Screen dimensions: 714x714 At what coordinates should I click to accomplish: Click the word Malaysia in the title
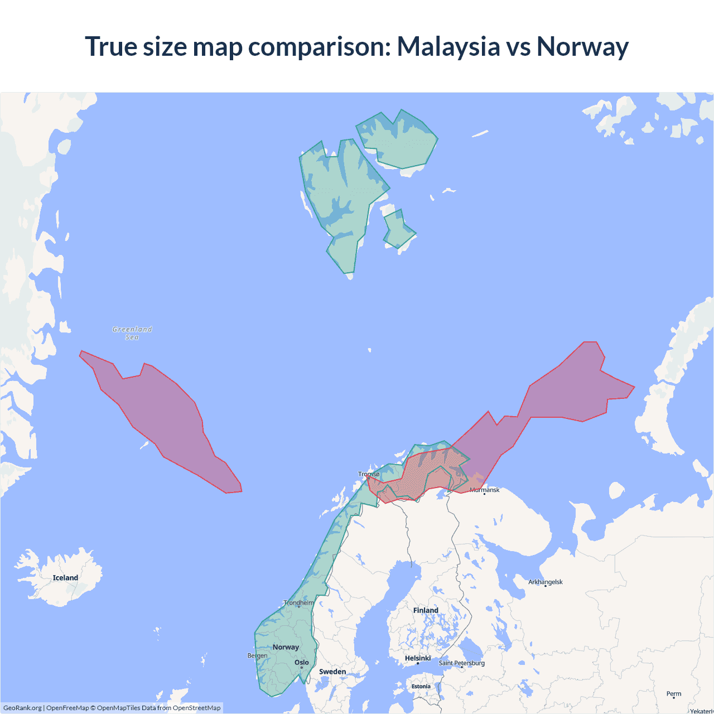(448, 46)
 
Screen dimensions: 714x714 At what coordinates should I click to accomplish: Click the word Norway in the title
(582, 46)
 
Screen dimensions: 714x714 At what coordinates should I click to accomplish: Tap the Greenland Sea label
(132, 333)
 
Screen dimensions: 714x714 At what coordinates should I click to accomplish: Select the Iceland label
(65, 578)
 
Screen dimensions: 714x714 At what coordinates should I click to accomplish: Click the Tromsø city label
(369, 474)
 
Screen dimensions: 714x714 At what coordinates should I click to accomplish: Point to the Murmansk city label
(484, 490)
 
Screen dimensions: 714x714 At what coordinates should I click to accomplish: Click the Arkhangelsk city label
(546, 582)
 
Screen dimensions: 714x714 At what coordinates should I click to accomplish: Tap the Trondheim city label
(298, 602)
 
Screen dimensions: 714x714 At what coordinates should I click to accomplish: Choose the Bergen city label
(257, 655)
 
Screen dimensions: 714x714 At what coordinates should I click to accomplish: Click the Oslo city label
(302, 663)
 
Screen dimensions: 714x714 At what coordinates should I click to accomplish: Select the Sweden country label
(332, 672)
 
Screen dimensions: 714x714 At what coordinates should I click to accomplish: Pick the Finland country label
(426, 610)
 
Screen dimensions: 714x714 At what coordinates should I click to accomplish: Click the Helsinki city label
(418, 658)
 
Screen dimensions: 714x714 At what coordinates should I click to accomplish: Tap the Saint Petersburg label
(461, 663)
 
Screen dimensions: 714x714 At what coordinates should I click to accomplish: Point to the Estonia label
(421, 686)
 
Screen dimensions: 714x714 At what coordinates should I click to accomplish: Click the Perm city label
(674, 694)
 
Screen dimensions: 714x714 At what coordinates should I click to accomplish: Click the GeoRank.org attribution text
(22, 708)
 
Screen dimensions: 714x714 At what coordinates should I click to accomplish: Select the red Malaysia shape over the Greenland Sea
(162, 418)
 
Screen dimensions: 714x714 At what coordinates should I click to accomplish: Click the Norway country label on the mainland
(286, 647)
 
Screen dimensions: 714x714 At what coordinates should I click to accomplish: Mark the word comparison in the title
(318, 46)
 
